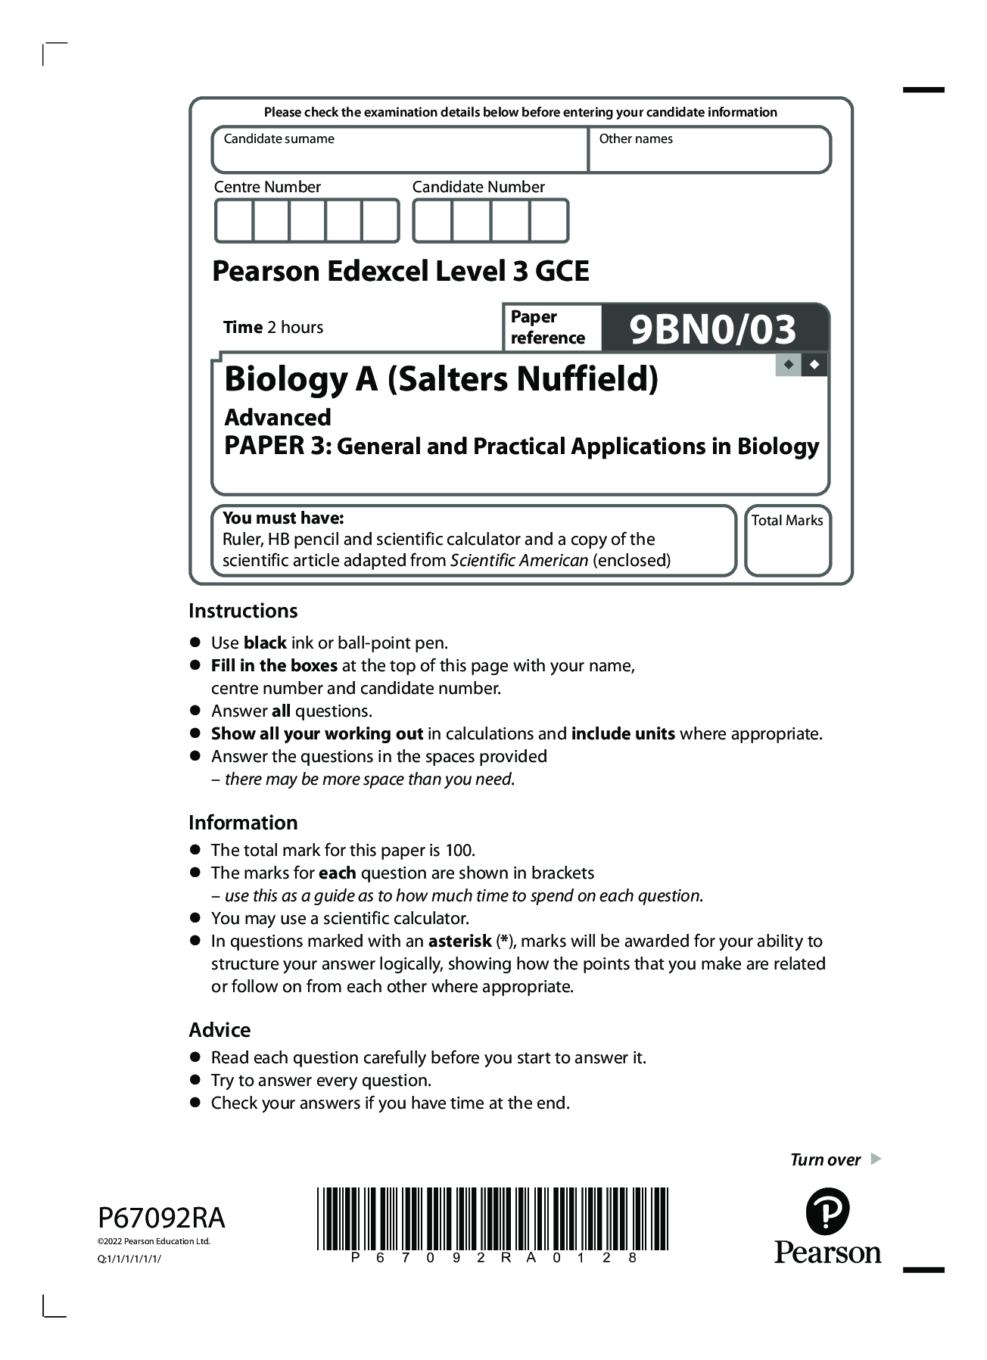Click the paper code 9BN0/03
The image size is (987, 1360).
coord(712,329)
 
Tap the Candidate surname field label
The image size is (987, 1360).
coord(279,139)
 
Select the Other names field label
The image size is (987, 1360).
coord(635,139)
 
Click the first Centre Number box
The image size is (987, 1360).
coord(234,221)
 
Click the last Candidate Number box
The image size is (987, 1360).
coord(549,221)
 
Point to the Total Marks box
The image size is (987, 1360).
coord(787,549)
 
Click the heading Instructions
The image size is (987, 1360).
coord(243,611)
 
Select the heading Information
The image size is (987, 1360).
coord(243,823)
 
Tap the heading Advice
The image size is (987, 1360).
coord(220,1030)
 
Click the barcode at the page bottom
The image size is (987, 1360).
coord(492,1218)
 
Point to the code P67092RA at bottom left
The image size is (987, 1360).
coord(161,1218)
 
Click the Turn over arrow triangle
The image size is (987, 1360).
coord(876,1159)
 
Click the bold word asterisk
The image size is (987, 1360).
coord(459,941)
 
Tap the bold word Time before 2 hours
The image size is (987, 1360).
coord(242,328)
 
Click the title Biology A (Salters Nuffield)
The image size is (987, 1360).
coord(441,379)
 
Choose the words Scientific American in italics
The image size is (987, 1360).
coord(518,561)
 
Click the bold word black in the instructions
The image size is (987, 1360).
coord(265,643)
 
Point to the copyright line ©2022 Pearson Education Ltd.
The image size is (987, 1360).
coord(154,1241)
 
